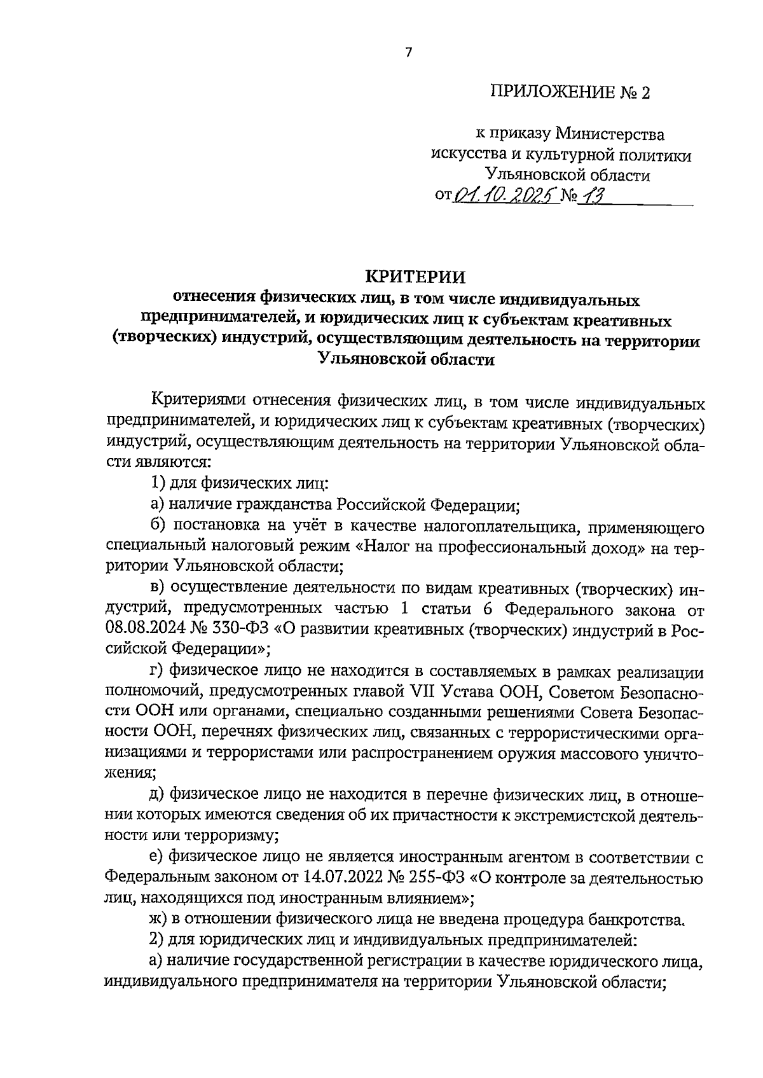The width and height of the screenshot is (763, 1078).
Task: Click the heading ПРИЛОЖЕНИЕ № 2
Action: click(571, 93)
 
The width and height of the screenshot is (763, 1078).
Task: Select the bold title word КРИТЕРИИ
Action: click(415, 277)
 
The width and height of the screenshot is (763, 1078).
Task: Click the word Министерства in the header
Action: click(610, 134)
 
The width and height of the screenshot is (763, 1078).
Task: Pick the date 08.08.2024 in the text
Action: click(144, 630)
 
